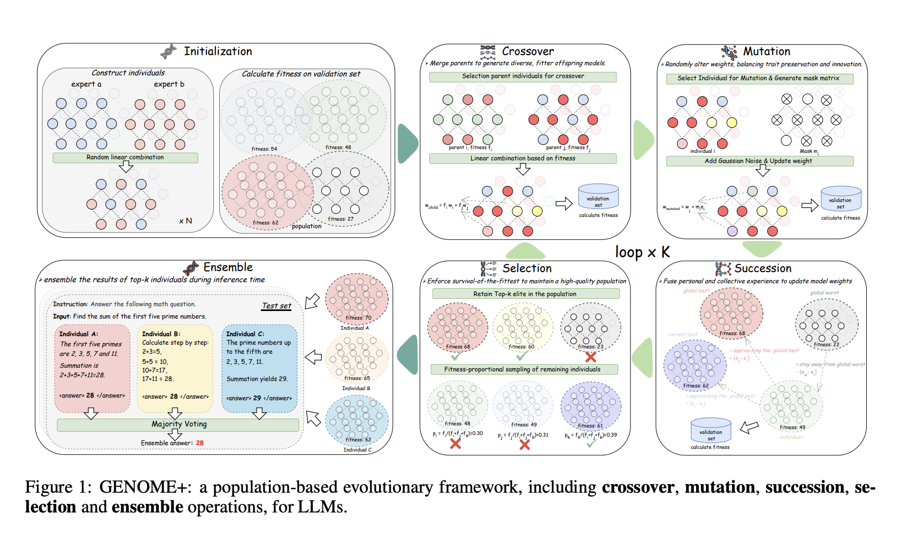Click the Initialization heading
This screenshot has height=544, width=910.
coord(218,51)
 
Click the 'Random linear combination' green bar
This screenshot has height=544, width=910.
coord(125,158)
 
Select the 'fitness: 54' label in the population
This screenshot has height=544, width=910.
coord(264,149)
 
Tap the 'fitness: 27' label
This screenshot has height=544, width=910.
coord(341,219)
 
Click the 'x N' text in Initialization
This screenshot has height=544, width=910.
coord(185,221)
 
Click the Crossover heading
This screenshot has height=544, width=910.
coord(527,51)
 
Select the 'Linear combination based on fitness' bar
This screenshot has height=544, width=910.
coord(522,159)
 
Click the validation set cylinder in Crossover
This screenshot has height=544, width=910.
coord(598,197)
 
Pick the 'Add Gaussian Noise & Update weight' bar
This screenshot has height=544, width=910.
coord(759,161)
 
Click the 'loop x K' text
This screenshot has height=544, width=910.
coord(642,252)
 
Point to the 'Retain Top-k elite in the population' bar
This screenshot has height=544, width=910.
coord(525,294)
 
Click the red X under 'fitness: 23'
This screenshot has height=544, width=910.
coord(590,356)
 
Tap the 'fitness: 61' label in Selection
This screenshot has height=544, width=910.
coord(590,426)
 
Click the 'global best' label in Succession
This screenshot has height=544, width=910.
coord(696,291)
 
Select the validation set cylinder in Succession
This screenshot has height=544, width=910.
coord(710,431)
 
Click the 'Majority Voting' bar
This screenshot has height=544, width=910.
coord(179,424)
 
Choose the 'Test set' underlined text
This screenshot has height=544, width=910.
coord(276,306)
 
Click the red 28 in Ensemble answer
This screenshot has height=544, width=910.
coord(199,443)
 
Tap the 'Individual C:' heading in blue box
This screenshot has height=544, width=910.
coord(245,334)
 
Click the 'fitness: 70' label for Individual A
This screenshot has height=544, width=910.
coord(358,317)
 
